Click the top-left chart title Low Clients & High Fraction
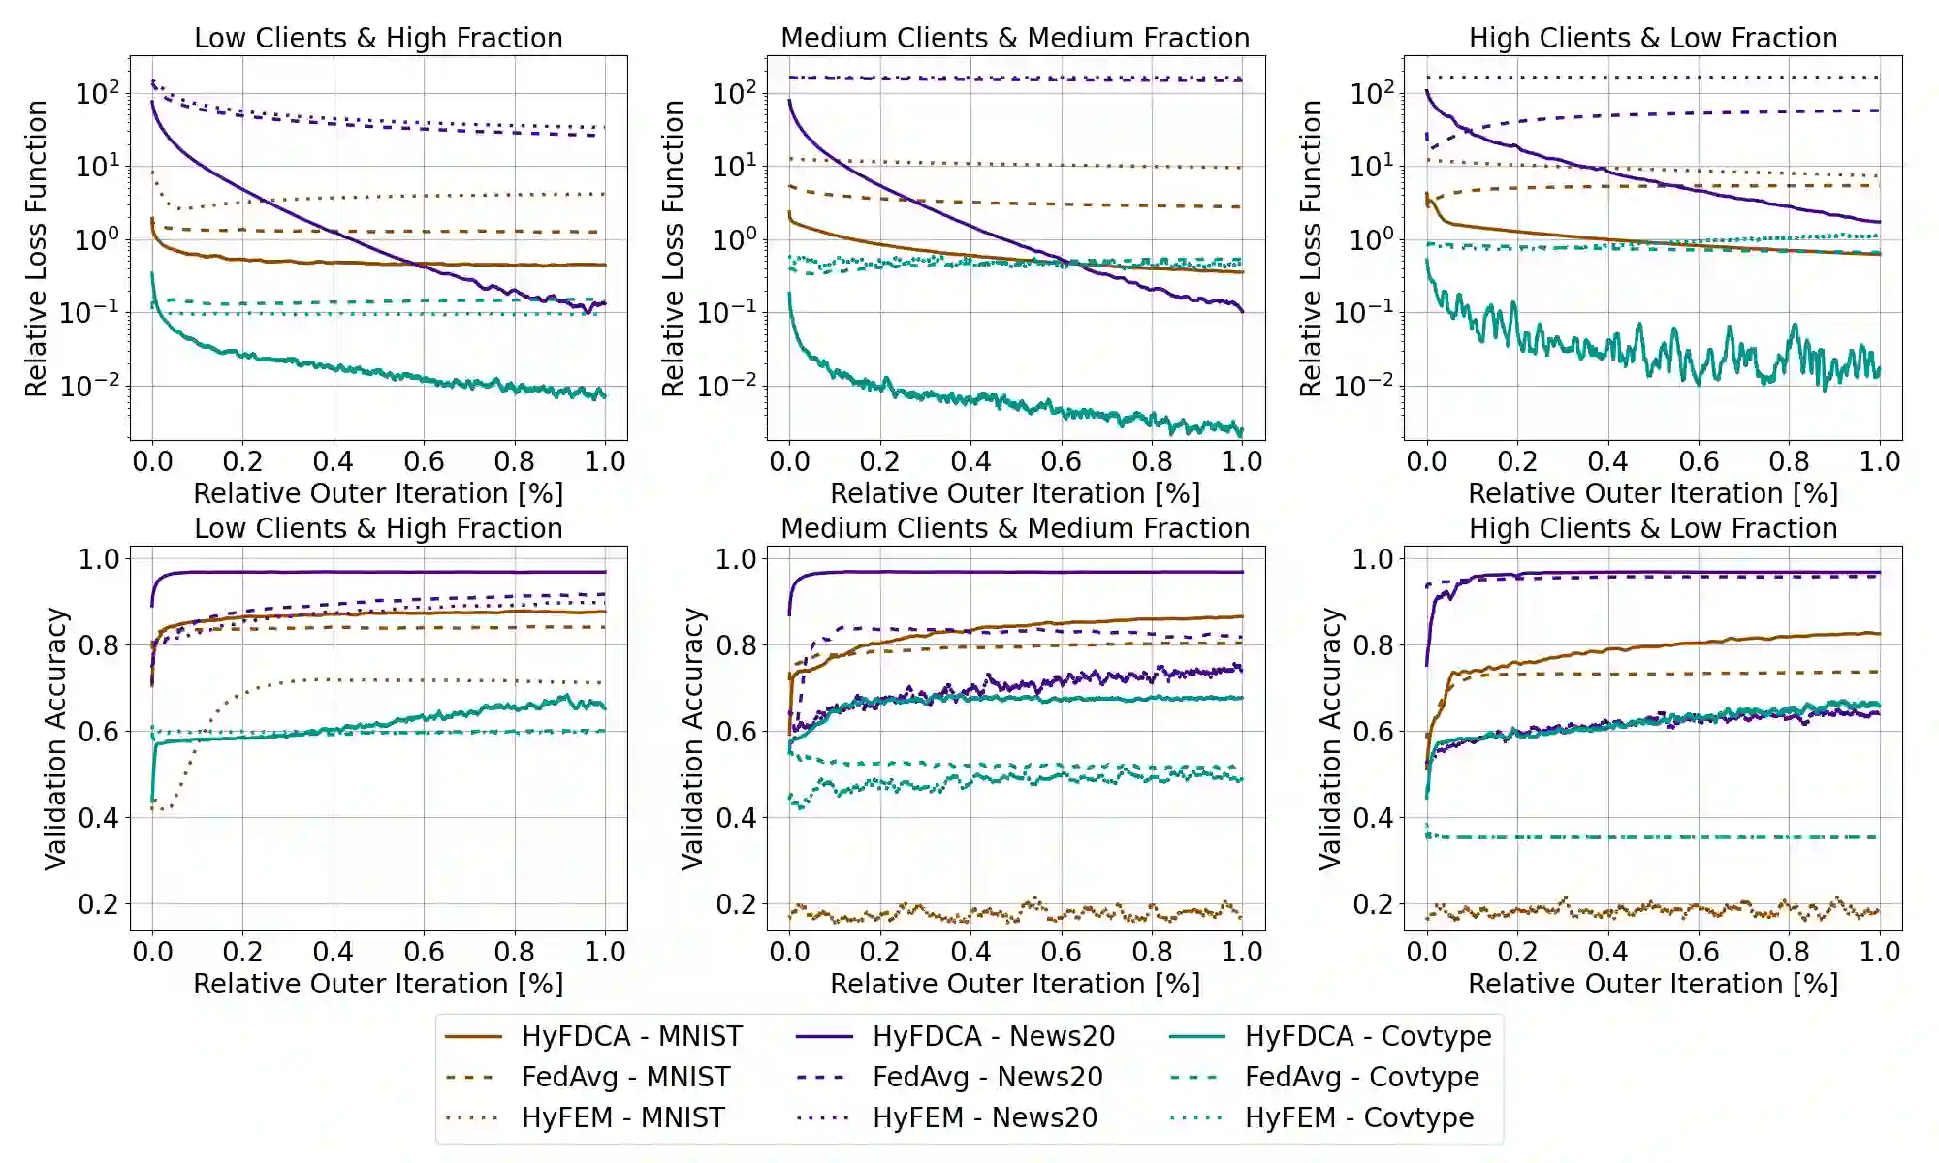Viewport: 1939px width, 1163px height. pos(378,38)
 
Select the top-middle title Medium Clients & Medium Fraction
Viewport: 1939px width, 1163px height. pos(1015,38)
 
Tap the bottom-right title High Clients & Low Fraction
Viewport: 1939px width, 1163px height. pos(1653,528)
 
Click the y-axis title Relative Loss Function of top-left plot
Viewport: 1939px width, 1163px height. pos(36,248)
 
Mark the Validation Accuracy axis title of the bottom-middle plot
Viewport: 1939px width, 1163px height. pos(692,739)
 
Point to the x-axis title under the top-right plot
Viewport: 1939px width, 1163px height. pos(1653,493)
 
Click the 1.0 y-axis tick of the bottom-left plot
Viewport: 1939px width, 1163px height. pos(99,559)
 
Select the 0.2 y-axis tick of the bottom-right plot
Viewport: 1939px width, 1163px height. pos(1373,904)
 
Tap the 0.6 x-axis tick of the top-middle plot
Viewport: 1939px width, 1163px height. pos(1062,461)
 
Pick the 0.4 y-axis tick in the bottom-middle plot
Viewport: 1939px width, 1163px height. pos(736,818)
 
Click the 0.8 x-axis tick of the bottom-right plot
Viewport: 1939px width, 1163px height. pos(1789,952)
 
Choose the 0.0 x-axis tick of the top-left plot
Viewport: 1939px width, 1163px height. pos(152,461)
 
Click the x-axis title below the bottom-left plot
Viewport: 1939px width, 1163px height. pos(378,984)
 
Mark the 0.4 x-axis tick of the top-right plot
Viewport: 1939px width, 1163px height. pos(1607,461)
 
